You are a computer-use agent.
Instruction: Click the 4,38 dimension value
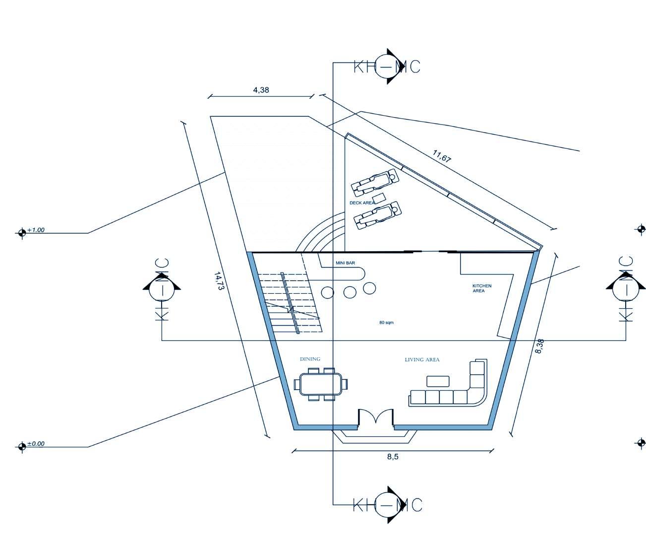tap(261, 90)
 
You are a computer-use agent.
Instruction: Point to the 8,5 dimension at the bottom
tap(393, 457)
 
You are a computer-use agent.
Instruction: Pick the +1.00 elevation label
tap(36, 230)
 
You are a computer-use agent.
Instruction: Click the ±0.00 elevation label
tap(35, 444)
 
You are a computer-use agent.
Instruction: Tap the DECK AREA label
tap(362, 203)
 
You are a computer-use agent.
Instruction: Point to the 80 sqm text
tap(386, 323)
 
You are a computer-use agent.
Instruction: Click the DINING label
tap(310, 359)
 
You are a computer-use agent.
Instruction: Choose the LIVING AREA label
tap(422, 360)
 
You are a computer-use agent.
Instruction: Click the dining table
tap(321, 384)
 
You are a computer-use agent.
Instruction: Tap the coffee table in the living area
tap(438, 381)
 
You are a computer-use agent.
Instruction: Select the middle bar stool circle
tap(350, 292)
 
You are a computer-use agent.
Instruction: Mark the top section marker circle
tap(387, 67)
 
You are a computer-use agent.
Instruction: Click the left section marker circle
tap(162, 288)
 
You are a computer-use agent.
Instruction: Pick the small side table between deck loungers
tap(379, 199)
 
